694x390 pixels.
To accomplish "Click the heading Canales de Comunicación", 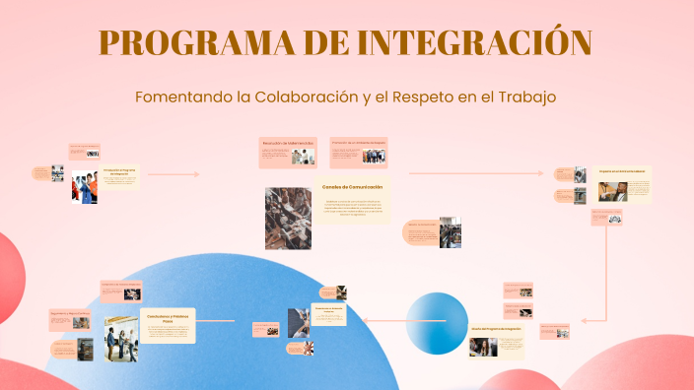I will click(x=352, y=186).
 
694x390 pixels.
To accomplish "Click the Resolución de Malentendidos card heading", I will click(x=288, y=144).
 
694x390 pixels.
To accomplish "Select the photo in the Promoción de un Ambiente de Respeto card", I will click(x=374, y=156).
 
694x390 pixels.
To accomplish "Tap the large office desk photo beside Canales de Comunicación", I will click(x=288, y=218).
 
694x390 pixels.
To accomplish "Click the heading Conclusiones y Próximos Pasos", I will click(x=167, y=318).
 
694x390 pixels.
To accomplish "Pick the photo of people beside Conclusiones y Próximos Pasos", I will click(x=121, y=338).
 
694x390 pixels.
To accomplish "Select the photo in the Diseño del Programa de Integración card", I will click(x=483, y=348).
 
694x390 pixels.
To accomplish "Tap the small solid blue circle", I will click(x=438, y=322).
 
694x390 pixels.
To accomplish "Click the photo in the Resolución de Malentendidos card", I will click(x=303, y=156).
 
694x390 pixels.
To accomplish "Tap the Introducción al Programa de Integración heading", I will click(x=120, y=171).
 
